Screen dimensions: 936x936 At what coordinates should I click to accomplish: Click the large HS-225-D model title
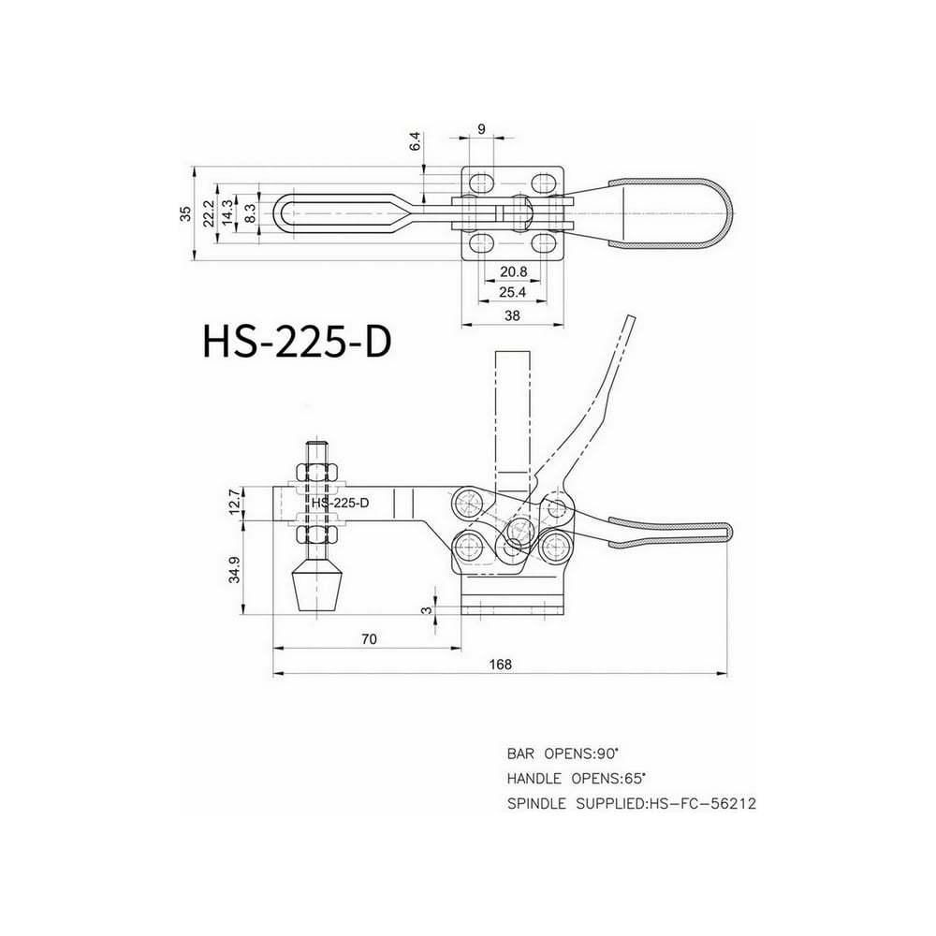pos(297,342)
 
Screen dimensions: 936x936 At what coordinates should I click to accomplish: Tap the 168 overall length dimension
pos(500,665)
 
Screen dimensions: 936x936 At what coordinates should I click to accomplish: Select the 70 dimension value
pos(369,639)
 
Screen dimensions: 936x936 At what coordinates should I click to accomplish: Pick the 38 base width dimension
pos(512,315)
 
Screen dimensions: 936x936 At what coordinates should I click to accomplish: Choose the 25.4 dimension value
pos(512,292)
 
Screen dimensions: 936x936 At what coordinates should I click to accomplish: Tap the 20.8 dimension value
pos(513,271)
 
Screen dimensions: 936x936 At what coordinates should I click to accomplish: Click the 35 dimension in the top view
pos(185,213)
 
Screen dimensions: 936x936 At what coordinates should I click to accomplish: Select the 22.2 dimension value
pos(208,213)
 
